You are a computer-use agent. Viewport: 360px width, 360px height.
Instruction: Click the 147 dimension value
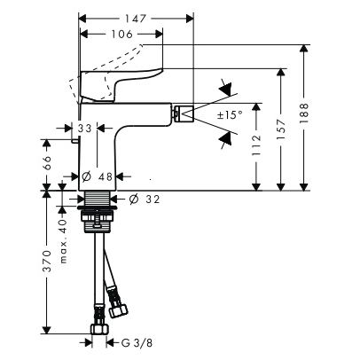click(135, 19)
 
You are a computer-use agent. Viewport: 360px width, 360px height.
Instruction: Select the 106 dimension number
click(122, 35)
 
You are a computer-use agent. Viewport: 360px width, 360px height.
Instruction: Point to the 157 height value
click(282, 129)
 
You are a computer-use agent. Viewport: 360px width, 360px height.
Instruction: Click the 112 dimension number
click(256, 145)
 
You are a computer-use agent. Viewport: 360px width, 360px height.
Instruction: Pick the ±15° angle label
click(230, 114)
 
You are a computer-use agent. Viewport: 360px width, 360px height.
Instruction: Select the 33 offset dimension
click(85, 129)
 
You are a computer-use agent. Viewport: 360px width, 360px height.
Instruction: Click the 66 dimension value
click(47, 162)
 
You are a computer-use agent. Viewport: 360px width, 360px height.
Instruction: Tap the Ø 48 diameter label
click(97, 176)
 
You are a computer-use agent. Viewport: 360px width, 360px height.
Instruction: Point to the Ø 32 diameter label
click(145, 200)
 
